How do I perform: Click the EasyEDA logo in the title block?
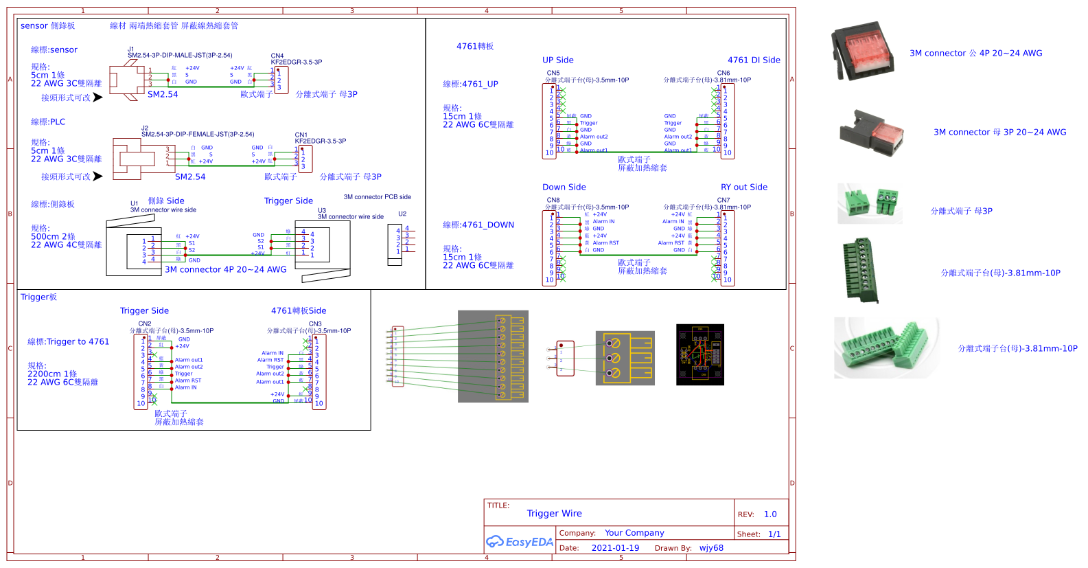tap(520, 542)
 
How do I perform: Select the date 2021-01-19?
tap(615, 548)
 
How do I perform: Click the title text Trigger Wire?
tap(554, 513)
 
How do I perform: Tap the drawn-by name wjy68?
tap(711, 548)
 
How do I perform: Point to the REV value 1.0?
tap(770, 514)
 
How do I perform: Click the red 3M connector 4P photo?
tap(863, 52)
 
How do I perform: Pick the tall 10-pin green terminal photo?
tap(861, 270)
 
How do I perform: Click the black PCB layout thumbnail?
tap(699, 354)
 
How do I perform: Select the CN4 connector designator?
tap(277, 56)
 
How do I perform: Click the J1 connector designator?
tap(130, 49)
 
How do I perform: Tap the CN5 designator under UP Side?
tap(553, 73)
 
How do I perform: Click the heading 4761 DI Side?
tap(754, 60)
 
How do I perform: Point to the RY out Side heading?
tap(744, 187)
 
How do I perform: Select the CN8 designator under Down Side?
tap(553, 200)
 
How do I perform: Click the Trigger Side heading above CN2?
tap(144, 310)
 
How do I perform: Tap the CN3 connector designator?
tap(314, 323)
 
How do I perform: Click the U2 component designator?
tap(402, 214)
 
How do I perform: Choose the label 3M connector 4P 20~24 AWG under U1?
tap(225, 269)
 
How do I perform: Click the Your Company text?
tap(634, 533)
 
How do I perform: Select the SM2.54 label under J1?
tap(163, 94)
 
